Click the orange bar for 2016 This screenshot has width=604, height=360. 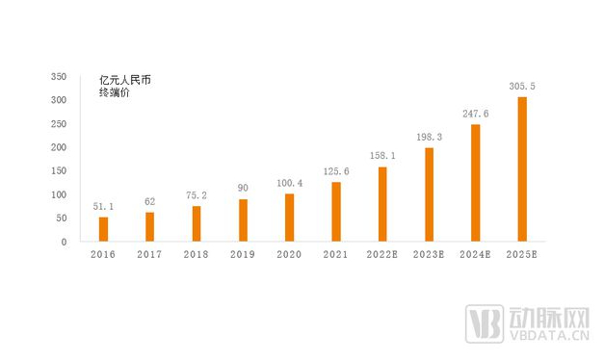pos(103,229)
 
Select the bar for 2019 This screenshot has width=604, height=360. pos(243,220)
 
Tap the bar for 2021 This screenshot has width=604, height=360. pos(335,212)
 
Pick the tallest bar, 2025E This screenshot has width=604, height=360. pos(522,168)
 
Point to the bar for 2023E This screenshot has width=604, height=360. pos(429,194)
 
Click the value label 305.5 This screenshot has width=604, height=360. pos(522,86)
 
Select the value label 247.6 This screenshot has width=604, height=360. pos(475,114)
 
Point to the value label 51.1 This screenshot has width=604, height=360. pos(103,206)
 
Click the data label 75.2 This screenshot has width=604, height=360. pos(197,194)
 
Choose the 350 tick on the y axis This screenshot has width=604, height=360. pos(58,76)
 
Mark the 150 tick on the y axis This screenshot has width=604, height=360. pos(58,170)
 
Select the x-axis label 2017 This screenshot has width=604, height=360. pos(149,255)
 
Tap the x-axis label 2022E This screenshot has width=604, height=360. pos(382,255)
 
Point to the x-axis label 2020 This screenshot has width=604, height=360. pos(289,255)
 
